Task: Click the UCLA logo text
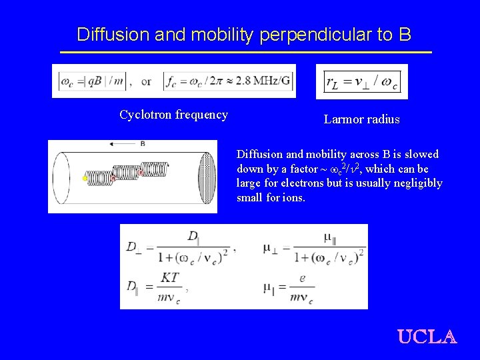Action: tap(427, 336)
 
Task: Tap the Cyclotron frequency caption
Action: tap(173, 115)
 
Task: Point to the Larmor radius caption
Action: tap(361, 120)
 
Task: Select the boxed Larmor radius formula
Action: tap(361, 81)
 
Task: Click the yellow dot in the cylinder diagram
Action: tap(85, 179)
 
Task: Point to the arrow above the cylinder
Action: tap(123, 143)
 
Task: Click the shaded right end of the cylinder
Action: tap(207, 177)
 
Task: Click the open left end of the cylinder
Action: tap(58, 177)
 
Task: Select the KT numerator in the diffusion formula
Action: tap(170, 277)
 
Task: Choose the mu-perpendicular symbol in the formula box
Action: tap(270, 247)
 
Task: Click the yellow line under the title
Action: tap(245, 52)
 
